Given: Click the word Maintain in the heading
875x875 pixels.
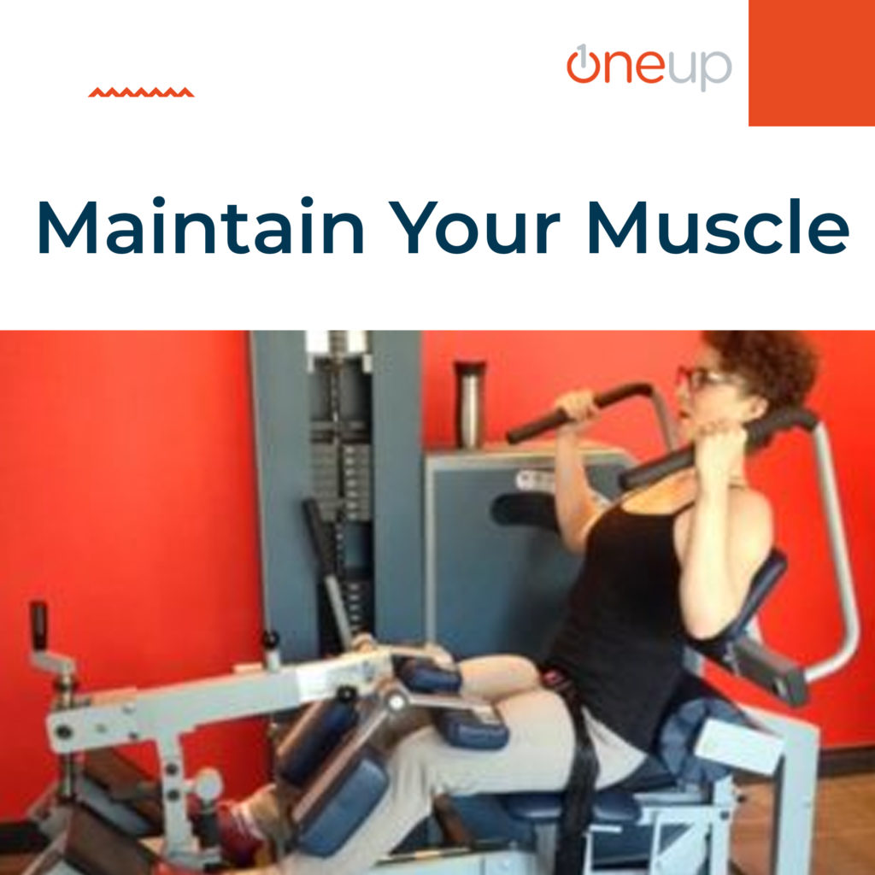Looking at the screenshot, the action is click(x=201, y=226).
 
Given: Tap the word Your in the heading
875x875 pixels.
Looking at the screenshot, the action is click(x=473, y=226).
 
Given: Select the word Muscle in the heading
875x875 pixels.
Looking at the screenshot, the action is click(x=719, y=226).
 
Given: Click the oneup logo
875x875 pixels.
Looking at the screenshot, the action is click(x=649, y=67).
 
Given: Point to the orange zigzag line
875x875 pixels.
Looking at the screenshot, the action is click(x=141, y=92).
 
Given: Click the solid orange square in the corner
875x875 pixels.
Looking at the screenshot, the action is click(x=812, y=62).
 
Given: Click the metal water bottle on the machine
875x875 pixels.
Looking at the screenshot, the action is click(x=470, y=403).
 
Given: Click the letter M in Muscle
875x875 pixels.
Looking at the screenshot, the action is click(x=617, y=226).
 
